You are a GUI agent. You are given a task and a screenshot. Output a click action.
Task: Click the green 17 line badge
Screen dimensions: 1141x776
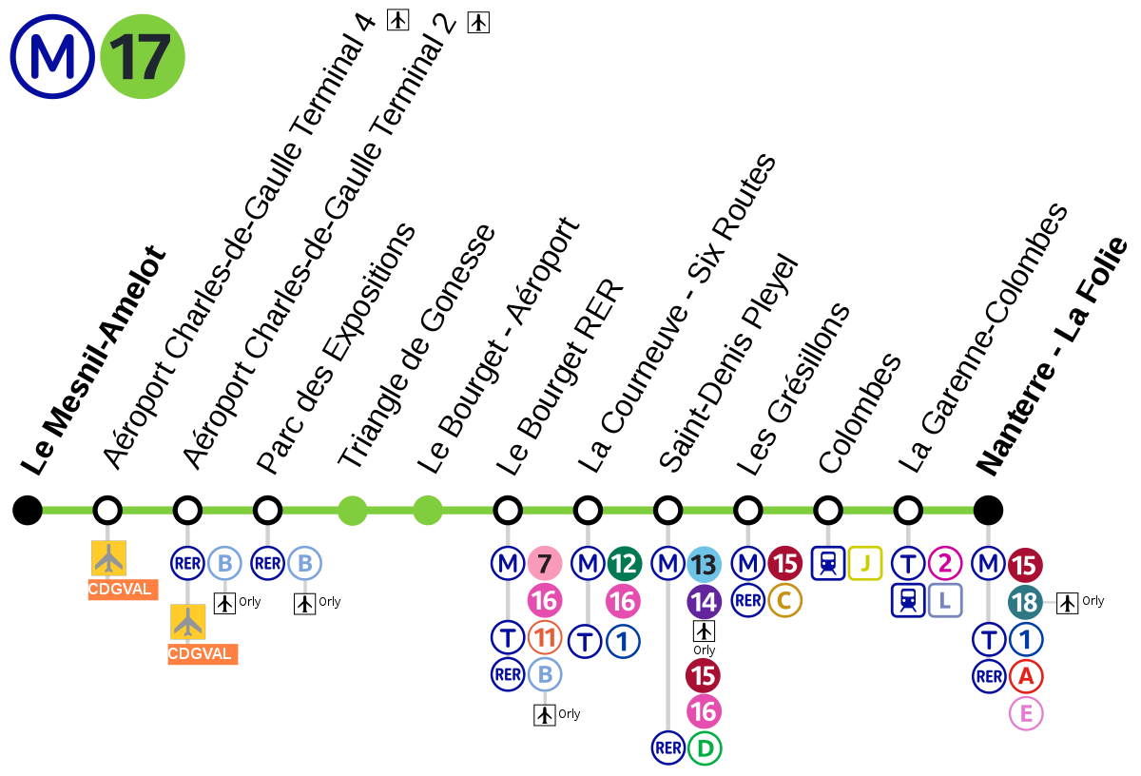click(x=143, y=56)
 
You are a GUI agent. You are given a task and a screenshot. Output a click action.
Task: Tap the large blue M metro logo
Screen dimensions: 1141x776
click(x=52, y=56)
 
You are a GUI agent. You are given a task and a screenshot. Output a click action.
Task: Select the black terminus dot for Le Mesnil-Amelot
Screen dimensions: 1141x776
click(x=28, y=510)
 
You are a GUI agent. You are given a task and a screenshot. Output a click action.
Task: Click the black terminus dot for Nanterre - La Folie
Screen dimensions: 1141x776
click(x=988, y=510)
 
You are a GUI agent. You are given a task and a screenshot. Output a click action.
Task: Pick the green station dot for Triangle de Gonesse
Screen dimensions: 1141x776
click(x=353, y=510)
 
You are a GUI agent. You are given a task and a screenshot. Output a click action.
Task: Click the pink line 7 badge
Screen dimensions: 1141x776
click(x=545, y=564)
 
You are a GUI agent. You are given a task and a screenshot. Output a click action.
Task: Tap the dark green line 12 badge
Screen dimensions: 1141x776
click(x=625, y=564)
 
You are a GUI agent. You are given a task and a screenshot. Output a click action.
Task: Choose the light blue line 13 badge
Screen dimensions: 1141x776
click(x=704, y=565)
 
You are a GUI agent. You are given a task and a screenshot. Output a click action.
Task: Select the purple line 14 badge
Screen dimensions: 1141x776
click(x=704, y=602)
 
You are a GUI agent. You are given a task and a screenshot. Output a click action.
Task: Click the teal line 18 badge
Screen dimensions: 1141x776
click(x=1025, y=602)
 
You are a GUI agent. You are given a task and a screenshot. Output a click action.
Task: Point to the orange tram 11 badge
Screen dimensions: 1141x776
click(x=545, y=637)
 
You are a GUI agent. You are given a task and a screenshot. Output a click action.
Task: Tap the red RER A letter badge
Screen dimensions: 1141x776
click(x=1026, y=676)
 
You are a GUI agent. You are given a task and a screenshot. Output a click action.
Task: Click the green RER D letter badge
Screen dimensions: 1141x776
click(x=705, y=748)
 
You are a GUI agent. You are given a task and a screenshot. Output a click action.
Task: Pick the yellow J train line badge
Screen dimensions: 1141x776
click(x=865, y=563)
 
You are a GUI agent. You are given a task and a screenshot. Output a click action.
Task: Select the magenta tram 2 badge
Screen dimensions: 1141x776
click(x=945, y=564)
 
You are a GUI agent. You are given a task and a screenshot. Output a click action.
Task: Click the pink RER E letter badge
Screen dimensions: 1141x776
click(x=1026, y=713)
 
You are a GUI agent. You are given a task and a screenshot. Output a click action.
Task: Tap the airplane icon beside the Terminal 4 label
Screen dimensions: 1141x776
click(x=397, y=20)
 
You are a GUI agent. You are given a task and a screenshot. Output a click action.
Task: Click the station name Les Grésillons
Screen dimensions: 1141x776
click(x=793, y=389)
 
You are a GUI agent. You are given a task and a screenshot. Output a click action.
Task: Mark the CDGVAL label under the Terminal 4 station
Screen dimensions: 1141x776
click(x=123, y=590)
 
